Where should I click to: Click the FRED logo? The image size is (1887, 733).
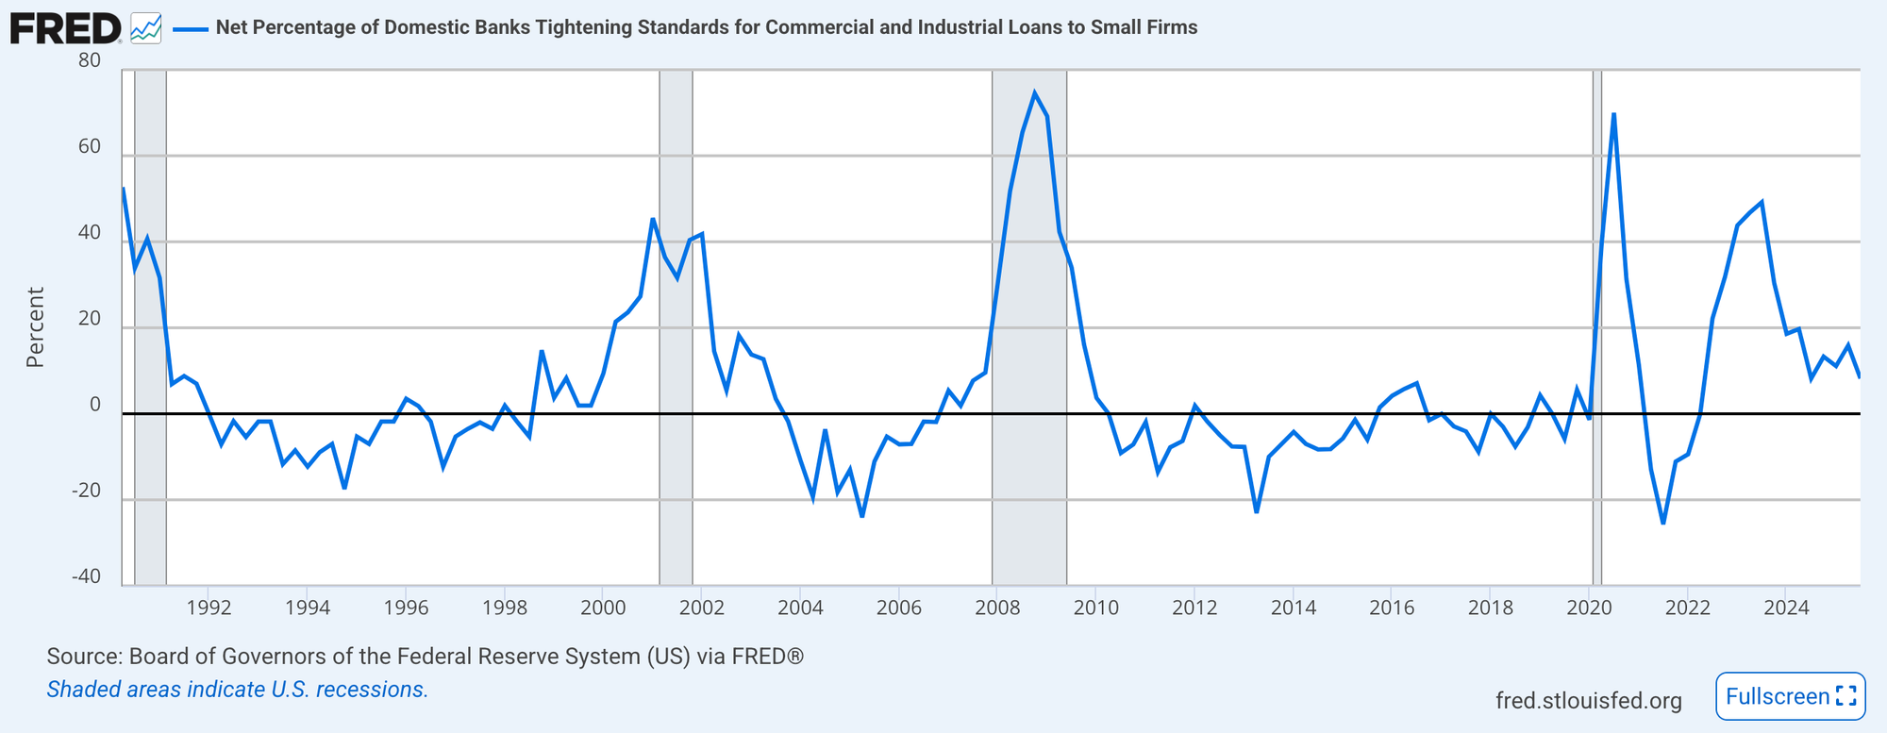(64, 28)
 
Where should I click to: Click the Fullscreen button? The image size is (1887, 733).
(1790, 696)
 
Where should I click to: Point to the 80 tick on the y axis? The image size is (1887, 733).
(90, 60)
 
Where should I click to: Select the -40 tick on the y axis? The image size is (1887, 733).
(87, 576)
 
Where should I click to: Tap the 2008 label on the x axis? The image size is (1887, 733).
(997, 607)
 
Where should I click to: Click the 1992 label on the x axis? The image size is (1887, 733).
(209, 607)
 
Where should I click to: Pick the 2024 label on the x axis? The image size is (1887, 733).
(1786, 607)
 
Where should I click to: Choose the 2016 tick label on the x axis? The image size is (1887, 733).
(1392, 607)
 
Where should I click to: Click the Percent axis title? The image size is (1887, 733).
(35, 326)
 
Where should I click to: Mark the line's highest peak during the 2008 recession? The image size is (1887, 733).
(1034, 92)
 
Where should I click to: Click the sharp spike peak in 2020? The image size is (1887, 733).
(1613, 114)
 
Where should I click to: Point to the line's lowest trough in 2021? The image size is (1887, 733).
(1662, 523)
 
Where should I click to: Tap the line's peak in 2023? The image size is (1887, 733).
(1762, 202)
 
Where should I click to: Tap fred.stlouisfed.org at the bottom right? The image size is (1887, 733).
(1589, 701)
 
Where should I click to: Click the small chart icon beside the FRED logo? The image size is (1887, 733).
(145, 28)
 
